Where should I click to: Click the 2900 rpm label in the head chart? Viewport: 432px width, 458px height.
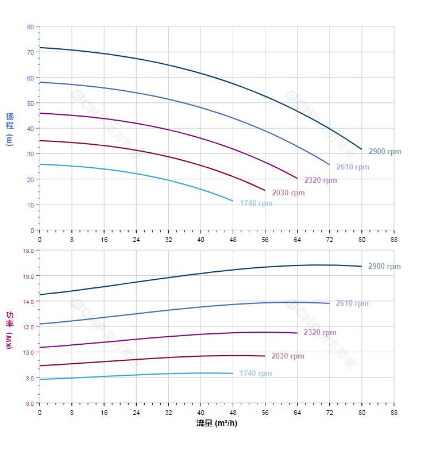pos(385,152)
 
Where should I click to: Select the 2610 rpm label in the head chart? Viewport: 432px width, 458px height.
pos(353,167)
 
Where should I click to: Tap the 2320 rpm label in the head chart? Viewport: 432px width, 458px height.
pos(321,180)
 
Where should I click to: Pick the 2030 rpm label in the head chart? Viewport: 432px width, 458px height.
pos(288,193)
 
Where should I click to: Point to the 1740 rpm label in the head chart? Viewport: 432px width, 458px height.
pos(256,203)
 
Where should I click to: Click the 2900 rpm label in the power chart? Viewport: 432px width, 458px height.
pos(384,267)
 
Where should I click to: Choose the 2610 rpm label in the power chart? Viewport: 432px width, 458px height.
pos(352,303)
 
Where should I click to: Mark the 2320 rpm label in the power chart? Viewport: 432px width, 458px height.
pos(320,333)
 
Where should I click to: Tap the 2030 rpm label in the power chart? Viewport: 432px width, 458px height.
pos(288,356)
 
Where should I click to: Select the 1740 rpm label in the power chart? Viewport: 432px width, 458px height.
pos(256,374)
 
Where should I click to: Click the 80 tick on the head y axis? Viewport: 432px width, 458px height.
pos(30,27)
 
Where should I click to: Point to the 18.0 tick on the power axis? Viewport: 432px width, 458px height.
pos(29,251)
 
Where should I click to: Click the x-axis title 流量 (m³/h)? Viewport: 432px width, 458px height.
pos(217,424)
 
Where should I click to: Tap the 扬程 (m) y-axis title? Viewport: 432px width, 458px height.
pos(10,129)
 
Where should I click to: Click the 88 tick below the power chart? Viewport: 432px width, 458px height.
pos(394,412)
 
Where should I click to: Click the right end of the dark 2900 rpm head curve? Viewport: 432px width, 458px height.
pos(361,149)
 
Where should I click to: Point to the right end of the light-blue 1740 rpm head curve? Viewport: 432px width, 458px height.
pos(233,201)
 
